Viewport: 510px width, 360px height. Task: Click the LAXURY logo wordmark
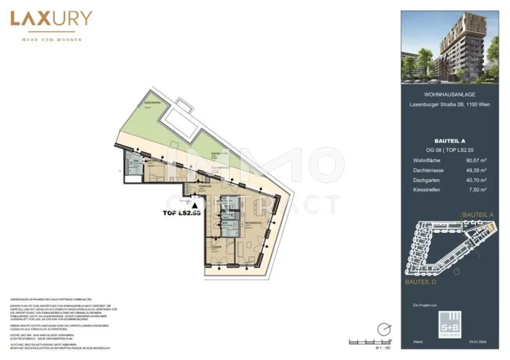(x=51, y=19)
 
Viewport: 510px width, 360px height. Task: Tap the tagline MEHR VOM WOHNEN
(x=51, y=39)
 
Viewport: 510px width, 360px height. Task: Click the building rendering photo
(x=450, y=47)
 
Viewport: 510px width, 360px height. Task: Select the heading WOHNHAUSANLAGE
(x=449, y=94)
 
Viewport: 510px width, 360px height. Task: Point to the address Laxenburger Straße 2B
(x=449, y=105)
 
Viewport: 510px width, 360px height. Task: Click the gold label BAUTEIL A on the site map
(x=478, y=215)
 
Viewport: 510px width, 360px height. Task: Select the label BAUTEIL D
(x=421, y=282)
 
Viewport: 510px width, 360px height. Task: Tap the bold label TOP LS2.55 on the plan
(x=182, y=213)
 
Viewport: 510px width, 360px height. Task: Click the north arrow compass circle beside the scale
(x=384, y=329)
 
